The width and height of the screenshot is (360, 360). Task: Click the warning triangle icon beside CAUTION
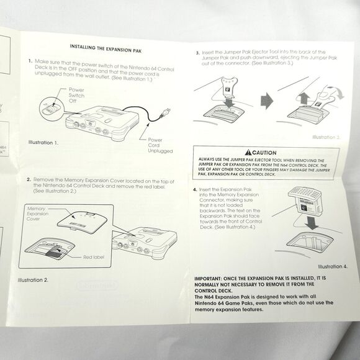(248, 152)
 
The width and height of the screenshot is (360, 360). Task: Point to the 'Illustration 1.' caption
(43, 143)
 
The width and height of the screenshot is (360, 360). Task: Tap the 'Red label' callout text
(95, 256)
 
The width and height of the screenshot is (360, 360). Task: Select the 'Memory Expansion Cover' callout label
(38, 215)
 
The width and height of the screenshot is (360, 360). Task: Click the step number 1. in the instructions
(29, 61)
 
